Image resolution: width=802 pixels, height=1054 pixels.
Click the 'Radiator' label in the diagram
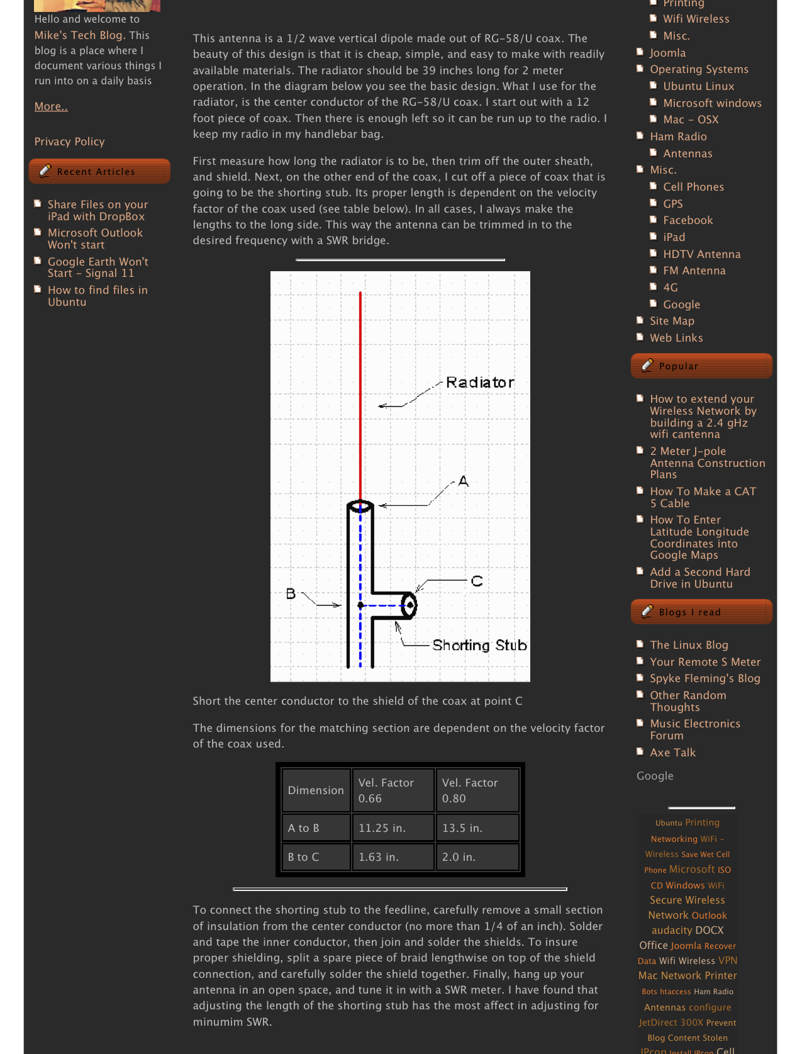(480, 383)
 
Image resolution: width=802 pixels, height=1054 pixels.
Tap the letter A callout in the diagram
(464, 481)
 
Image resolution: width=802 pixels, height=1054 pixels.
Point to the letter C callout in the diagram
(477, 581)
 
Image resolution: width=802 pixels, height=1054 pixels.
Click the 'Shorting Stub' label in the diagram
(479, 646)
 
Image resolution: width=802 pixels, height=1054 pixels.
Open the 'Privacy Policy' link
(70, 142)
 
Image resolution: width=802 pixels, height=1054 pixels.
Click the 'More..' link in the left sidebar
(51, 106)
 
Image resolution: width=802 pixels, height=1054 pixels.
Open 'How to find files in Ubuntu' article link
(97, 296)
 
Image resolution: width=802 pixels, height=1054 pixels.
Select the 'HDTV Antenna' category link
(701, 254)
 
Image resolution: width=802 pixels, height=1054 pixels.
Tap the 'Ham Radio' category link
(678, 137)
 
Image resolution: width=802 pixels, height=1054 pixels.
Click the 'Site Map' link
(672, 321)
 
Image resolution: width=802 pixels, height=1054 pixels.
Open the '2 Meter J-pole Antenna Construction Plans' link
(707, 463)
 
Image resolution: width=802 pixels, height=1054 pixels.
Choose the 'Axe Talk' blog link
(672, 753)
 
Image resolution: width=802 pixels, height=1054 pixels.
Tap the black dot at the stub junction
(360, 605)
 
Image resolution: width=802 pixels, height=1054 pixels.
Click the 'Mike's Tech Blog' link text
(79, 35)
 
